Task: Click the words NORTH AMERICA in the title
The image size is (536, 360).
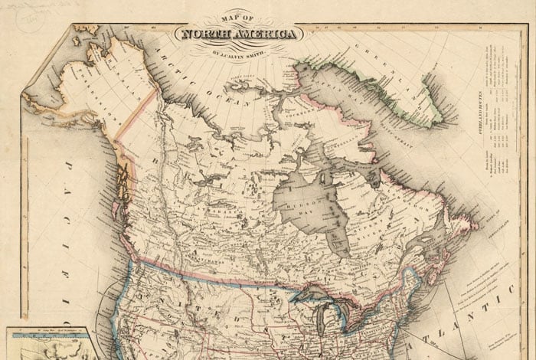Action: point(239,34)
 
